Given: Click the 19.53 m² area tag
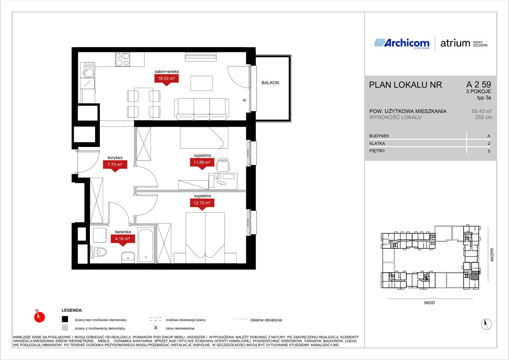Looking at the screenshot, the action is (x=166, y=79).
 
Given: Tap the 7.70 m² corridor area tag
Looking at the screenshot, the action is (x=115, y=165).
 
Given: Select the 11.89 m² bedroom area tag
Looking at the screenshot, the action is (x=202, y=163).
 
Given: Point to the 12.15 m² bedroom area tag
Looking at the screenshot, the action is (x=202, y=203).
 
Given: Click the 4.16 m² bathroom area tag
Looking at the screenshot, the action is (x=123, y=239).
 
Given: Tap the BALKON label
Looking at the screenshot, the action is (x=270, y=83).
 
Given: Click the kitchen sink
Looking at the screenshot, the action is (x=87, y=70).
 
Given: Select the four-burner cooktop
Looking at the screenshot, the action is (x=122, y=59).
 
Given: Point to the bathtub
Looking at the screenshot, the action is (x=146, y=246).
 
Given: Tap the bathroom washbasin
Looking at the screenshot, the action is (x=128, y=257).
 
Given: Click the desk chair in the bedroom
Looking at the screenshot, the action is (x=223, y=165).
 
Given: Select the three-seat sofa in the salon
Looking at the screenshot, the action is (x=202, y=109).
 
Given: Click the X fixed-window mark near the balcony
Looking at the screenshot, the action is (x=245, y=100).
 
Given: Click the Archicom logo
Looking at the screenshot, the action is (x=402, y=43).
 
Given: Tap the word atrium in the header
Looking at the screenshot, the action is (x=455, y=43).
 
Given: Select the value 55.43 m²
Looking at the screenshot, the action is (x=482, y=111).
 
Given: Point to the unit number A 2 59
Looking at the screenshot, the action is (x=478, y=84).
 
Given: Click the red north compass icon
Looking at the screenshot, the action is (x=39, y=317).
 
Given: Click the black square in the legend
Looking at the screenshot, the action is (x=65, y=319).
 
